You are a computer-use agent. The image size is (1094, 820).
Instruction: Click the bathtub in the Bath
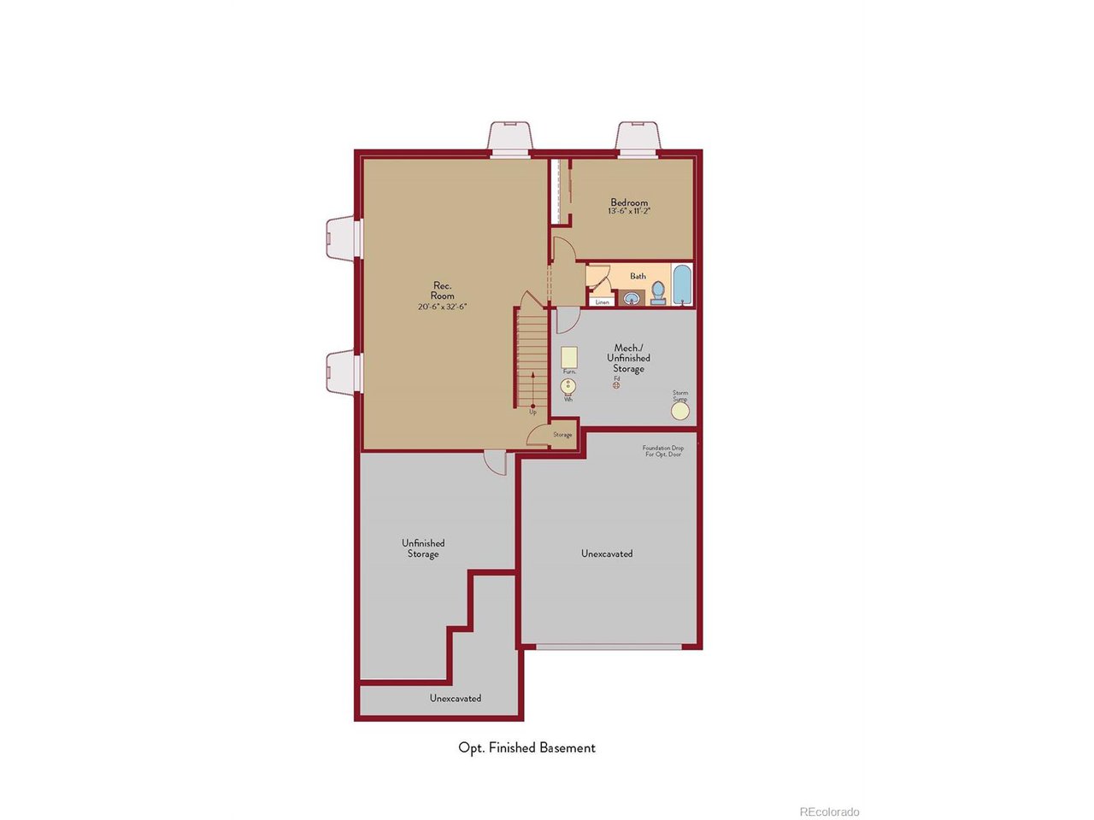click(x=681, y=285)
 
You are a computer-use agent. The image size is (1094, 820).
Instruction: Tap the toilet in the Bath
click(x=658, y=293)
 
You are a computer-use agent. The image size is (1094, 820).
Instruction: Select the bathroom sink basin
click(x=631, y=298)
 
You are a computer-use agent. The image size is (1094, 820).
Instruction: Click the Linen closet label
click(x=603, y=302)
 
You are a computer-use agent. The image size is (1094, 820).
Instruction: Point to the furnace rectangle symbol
click(x=569, y=357)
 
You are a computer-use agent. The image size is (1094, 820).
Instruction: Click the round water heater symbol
click(x=568, y=386)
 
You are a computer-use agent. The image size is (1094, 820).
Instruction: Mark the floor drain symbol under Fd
click(x=616, y=385)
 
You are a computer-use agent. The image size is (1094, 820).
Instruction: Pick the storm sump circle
click(x=679, y=411)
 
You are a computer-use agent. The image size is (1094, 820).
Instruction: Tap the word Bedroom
click(x=629, y=202)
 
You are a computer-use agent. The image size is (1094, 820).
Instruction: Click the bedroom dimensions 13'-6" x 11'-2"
click(x=629, y=211)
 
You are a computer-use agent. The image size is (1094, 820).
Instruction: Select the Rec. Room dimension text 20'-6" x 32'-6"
click(x=442, y=307)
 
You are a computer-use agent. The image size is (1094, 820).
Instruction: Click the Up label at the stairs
click(x=532, y=412)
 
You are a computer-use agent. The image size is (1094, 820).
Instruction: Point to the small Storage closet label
click(x=562, y=435)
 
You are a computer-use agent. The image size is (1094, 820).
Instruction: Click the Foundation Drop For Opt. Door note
click(x=663, y=451)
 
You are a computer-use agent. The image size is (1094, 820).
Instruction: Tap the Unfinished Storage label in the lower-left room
click(x=423, y=548)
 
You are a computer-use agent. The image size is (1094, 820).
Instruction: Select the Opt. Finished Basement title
click(x=526, y=747)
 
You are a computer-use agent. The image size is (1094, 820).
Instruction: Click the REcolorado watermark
click(x=829, y=811)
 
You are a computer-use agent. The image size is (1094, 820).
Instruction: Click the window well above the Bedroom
click(x=638, y=137)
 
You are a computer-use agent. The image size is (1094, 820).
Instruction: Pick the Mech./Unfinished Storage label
click(x=628, y=358)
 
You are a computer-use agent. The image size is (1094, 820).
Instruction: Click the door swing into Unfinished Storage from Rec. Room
click(x=495, y=461)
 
